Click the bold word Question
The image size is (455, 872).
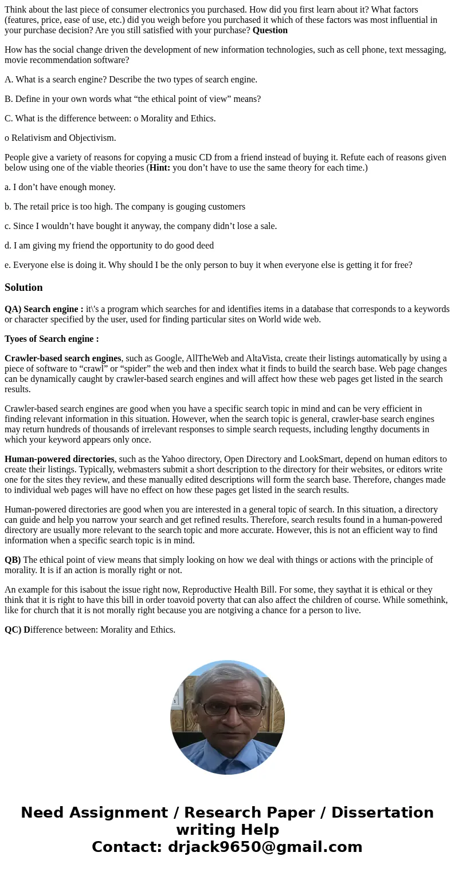point(270,30)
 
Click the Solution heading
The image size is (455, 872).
point(23,287)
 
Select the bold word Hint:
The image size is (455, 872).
point(160,167)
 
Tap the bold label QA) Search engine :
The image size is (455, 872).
point(44,309)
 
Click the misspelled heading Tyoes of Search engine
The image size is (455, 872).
point(52,339)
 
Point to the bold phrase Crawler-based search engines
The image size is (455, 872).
point(63,358)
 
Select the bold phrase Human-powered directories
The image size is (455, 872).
point(60,459)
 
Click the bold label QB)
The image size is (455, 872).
point(13,560)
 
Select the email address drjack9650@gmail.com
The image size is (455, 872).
point(265,847)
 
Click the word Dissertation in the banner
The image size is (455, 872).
point(382,812)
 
